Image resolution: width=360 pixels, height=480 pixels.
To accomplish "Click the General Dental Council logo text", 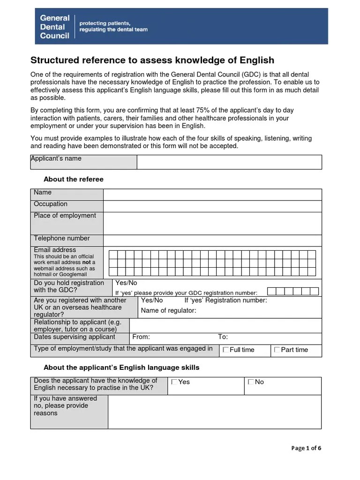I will pyautogui.click(x=54, y=27).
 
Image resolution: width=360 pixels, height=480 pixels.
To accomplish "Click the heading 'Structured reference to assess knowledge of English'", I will pyautogui.click(x=152, y=60).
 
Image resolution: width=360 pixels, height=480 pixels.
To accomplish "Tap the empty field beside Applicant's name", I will pyautogui.click(x=229, y=162).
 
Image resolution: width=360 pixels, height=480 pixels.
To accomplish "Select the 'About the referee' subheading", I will pyautogui.click(x=73, y=180).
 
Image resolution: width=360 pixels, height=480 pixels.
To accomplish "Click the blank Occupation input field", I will pyautogui.click(x=212, y=206).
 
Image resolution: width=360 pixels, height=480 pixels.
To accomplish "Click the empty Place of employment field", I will pyautogui.click(x=212, y=223).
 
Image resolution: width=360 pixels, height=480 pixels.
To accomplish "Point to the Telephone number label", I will pyautogui.click(x=61, y=239).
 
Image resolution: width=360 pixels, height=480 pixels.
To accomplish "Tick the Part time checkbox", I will pyautogui.click(x=277, y=350).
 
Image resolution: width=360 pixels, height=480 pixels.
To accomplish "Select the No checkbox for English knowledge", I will pyautogui.click(x=251, y=382).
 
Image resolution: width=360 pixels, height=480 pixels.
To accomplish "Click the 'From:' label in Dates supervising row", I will pyautogui.click(x=141, y=337).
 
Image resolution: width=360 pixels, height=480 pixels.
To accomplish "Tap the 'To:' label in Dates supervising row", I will pyautogui.click(x=223, y=337).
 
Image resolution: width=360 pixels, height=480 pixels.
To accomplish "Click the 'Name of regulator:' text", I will pyautogui.click(x=168, y=311).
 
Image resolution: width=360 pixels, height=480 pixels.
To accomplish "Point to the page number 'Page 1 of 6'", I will pyautogui.click(x=306, y=448).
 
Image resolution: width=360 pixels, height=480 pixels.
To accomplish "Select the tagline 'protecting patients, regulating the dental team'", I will pyautogui.click(x=113, y=26).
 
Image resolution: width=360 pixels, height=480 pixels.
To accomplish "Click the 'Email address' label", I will pyautogui.click(x=54, y=250).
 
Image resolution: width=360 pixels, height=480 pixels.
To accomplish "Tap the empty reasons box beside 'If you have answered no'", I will pyautogui.click(x=214, y=412).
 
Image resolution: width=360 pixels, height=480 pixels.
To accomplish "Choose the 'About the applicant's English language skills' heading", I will pyautogui.click(x=121, y=367).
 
